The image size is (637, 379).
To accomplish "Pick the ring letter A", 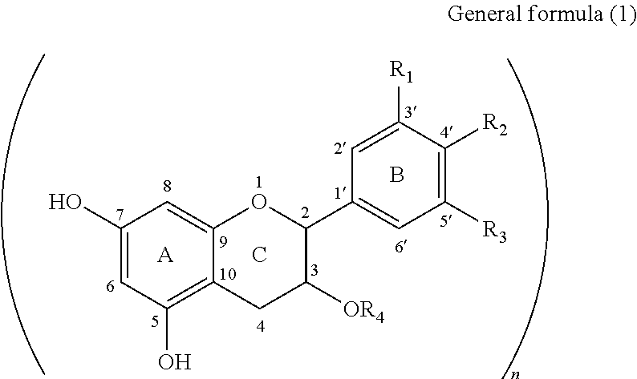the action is [x=165, y=255].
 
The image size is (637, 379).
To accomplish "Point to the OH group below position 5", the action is [x=174, y=361].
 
